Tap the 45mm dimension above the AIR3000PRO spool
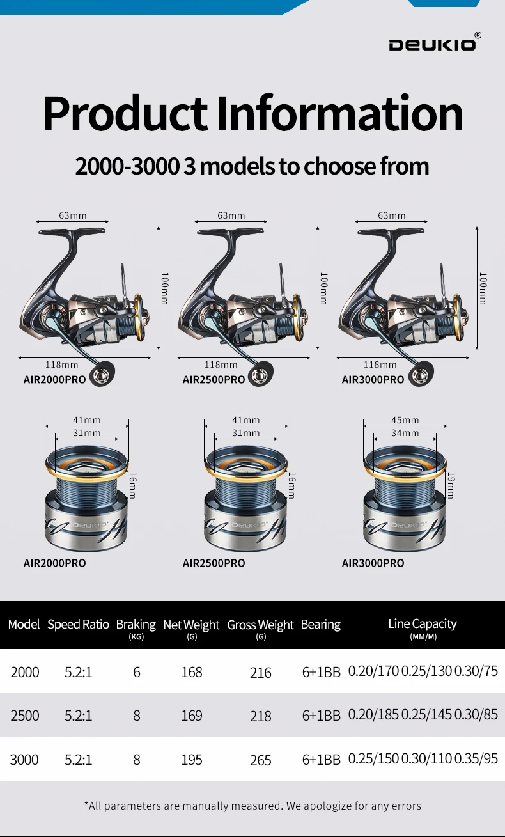point(405,419)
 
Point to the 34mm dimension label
point(405,433)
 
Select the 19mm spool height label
point(451,485)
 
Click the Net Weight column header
point(191,625)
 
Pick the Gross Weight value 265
point(260,760)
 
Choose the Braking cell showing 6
point(137,672)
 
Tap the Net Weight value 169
point(192,715)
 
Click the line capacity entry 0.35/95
point(476,758)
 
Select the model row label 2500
point(25,715)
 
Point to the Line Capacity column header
point(423,623)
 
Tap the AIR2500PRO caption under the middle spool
point(214,563)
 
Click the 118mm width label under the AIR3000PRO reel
point(380,364)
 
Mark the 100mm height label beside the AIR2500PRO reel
point(324,288)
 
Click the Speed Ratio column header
point(78,624)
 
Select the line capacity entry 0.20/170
point(373,671)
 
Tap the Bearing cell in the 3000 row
point(322,759)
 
